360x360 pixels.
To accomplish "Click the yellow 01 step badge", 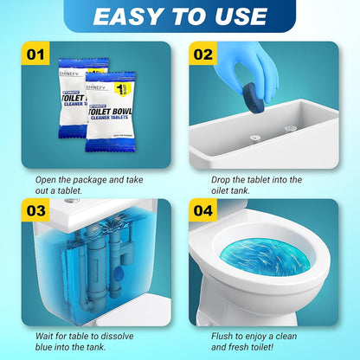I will (x=35, y=55).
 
